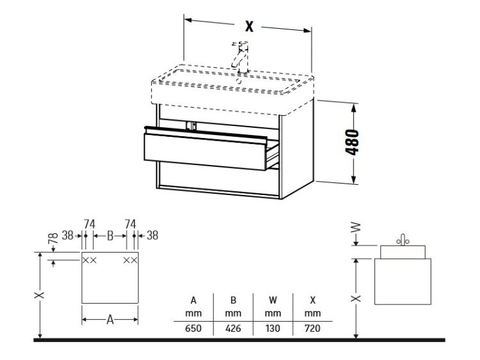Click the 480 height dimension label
click(352, 142)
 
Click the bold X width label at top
click(250, 26)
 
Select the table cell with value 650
click(193, 328)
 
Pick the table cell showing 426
click(233, 328)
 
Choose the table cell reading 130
click(273, 328)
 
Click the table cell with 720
click(312, 328)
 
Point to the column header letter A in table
click(193, 301)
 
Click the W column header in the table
click(273, 301)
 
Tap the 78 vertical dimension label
click(53, 239)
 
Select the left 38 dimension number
click(68, 235)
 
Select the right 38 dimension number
click(152, 235)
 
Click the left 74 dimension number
click(90, 224)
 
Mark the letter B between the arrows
click(110, 236)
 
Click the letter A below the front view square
click(110, 320)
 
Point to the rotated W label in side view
click(356, 228)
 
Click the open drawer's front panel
click(205, 152)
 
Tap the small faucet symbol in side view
click(403, 240)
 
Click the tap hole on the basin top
click(239, 81)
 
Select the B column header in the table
click(233, 301)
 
